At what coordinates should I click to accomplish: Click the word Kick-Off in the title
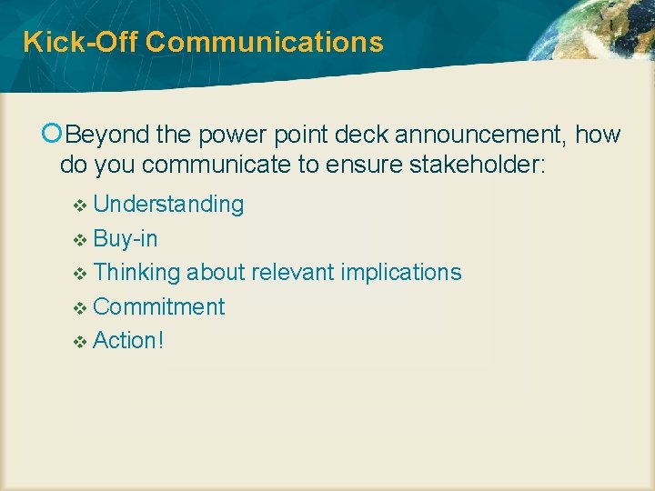[79, 42]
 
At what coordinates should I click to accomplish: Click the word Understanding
[168, 205]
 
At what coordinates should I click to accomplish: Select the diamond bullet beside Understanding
[79, 205]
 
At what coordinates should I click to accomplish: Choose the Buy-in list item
[126, 238]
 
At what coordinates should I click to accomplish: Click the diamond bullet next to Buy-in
[79, 240]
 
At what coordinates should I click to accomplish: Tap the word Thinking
[138, 273]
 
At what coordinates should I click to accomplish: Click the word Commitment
[158, 306]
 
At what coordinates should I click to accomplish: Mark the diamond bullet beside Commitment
[79, 308]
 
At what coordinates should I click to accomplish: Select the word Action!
[128, 340]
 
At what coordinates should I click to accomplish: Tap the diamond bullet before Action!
[79, 342]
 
